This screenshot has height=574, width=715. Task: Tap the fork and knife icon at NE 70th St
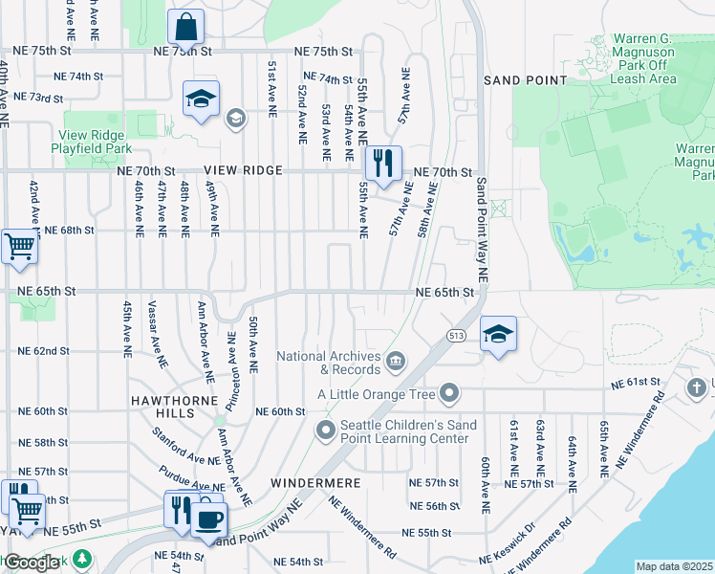(383, 163)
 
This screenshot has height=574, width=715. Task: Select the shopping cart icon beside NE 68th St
(18, 247)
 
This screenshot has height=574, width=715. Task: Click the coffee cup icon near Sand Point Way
(209, 519)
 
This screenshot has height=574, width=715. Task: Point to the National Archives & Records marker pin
(396, 362)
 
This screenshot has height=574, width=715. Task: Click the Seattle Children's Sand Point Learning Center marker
(325, 430)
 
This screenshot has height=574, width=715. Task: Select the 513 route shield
(454, 334)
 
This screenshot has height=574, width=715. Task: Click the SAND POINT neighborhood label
(525, 80)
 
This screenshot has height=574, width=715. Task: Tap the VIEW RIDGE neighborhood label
(243, 170)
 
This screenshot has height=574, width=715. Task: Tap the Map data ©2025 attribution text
(674, 566)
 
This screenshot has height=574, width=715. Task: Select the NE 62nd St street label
(44, 351)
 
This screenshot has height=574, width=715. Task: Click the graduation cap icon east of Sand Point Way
(498, 335)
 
